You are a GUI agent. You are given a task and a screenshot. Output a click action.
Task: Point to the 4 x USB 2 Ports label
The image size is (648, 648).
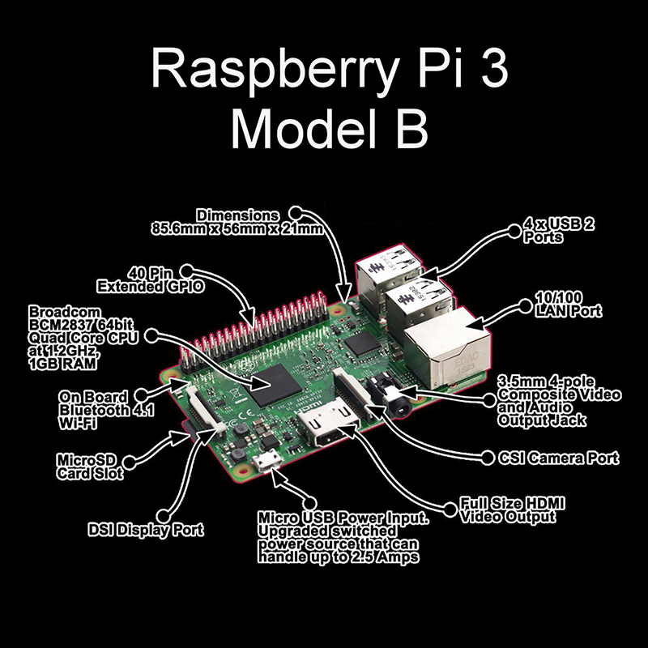click(559, 231)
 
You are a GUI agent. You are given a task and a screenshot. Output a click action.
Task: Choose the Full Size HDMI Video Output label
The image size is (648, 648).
click(512, 509)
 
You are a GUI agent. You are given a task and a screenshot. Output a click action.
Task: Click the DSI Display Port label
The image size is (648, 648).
click(145, 531)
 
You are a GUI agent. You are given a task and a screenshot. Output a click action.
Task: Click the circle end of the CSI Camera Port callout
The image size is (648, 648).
click(489, 458)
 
